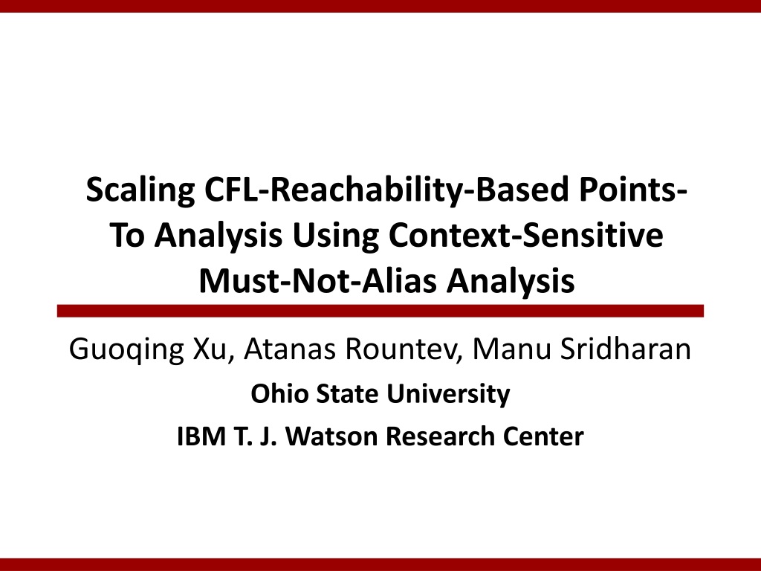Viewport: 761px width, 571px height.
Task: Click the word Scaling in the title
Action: click(x=140, y=190)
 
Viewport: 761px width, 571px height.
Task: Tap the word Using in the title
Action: click(x=335, y=236)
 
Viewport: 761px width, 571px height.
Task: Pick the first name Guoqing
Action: click(x=126, y=349)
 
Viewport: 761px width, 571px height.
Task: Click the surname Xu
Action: click(x=210, y=349)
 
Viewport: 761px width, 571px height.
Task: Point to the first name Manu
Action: click(x=512, y=349)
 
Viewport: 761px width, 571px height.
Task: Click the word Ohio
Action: click(x=279, y=393)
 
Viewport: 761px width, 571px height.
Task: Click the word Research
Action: click(x=439, y=436)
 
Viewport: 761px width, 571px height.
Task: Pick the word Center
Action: click(x=543, y=436)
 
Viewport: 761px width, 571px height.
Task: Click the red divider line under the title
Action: click(x=380, y=312)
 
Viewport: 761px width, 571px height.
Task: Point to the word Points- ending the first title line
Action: click(x=633, y=190)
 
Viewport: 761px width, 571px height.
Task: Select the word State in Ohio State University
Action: click(x=347, y=393)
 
